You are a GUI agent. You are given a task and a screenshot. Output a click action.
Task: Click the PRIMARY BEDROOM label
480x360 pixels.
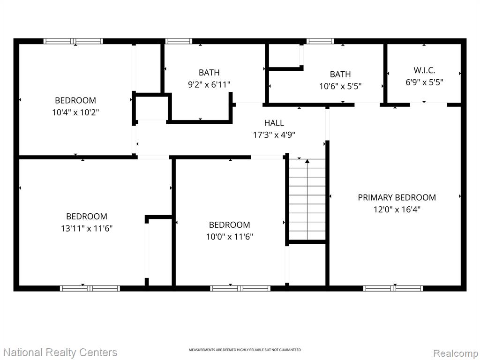point(397,197)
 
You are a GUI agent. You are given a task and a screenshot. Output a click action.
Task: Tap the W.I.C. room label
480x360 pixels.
point(424,70)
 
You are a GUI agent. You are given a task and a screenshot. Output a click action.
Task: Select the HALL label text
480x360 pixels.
point(274,123)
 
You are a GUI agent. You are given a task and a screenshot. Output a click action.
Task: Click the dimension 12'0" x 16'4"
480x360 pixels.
point(397,210)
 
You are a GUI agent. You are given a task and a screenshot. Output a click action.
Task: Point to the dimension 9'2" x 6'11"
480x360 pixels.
point(209,84)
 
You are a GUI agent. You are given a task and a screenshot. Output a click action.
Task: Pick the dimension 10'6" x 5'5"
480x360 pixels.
point(340,86)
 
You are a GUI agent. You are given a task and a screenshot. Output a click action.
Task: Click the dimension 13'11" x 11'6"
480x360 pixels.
point(87,228)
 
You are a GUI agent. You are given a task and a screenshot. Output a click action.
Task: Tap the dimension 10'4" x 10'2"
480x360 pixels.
point(75,112)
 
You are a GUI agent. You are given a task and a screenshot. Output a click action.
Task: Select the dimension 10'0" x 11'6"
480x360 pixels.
point(229,237)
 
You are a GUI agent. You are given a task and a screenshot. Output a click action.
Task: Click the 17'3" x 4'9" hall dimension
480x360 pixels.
point(274,135)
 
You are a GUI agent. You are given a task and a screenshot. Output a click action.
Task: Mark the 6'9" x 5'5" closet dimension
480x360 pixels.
point(424,82)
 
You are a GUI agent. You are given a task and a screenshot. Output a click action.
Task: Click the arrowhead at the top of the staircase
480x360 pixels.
point(307,161)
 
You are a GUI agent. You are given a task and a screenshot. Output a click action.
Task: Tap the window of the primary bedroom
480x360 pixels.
point(393,288)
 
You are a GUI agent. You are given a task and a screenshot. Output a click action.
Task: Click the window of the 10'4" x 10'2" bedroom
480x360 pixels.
point(73,41)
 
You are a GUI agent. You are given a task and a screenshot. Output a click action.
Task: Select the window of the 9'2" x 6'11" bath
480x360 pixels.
point(179,41)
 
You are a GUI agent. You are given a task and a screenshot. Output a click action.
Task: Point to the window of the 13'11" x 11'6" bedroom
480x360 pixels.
point(90,288)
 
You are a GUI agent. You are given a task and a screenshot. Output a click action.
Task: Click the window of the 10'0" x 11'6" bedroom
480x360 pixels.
point(240,288)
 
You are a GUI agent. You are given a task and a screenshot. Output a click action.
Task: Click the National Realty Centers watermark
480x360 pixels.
point(60,352)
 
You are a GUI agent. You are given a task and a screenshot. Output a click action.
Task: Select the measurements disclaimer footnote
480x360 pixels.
point(245,350)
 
